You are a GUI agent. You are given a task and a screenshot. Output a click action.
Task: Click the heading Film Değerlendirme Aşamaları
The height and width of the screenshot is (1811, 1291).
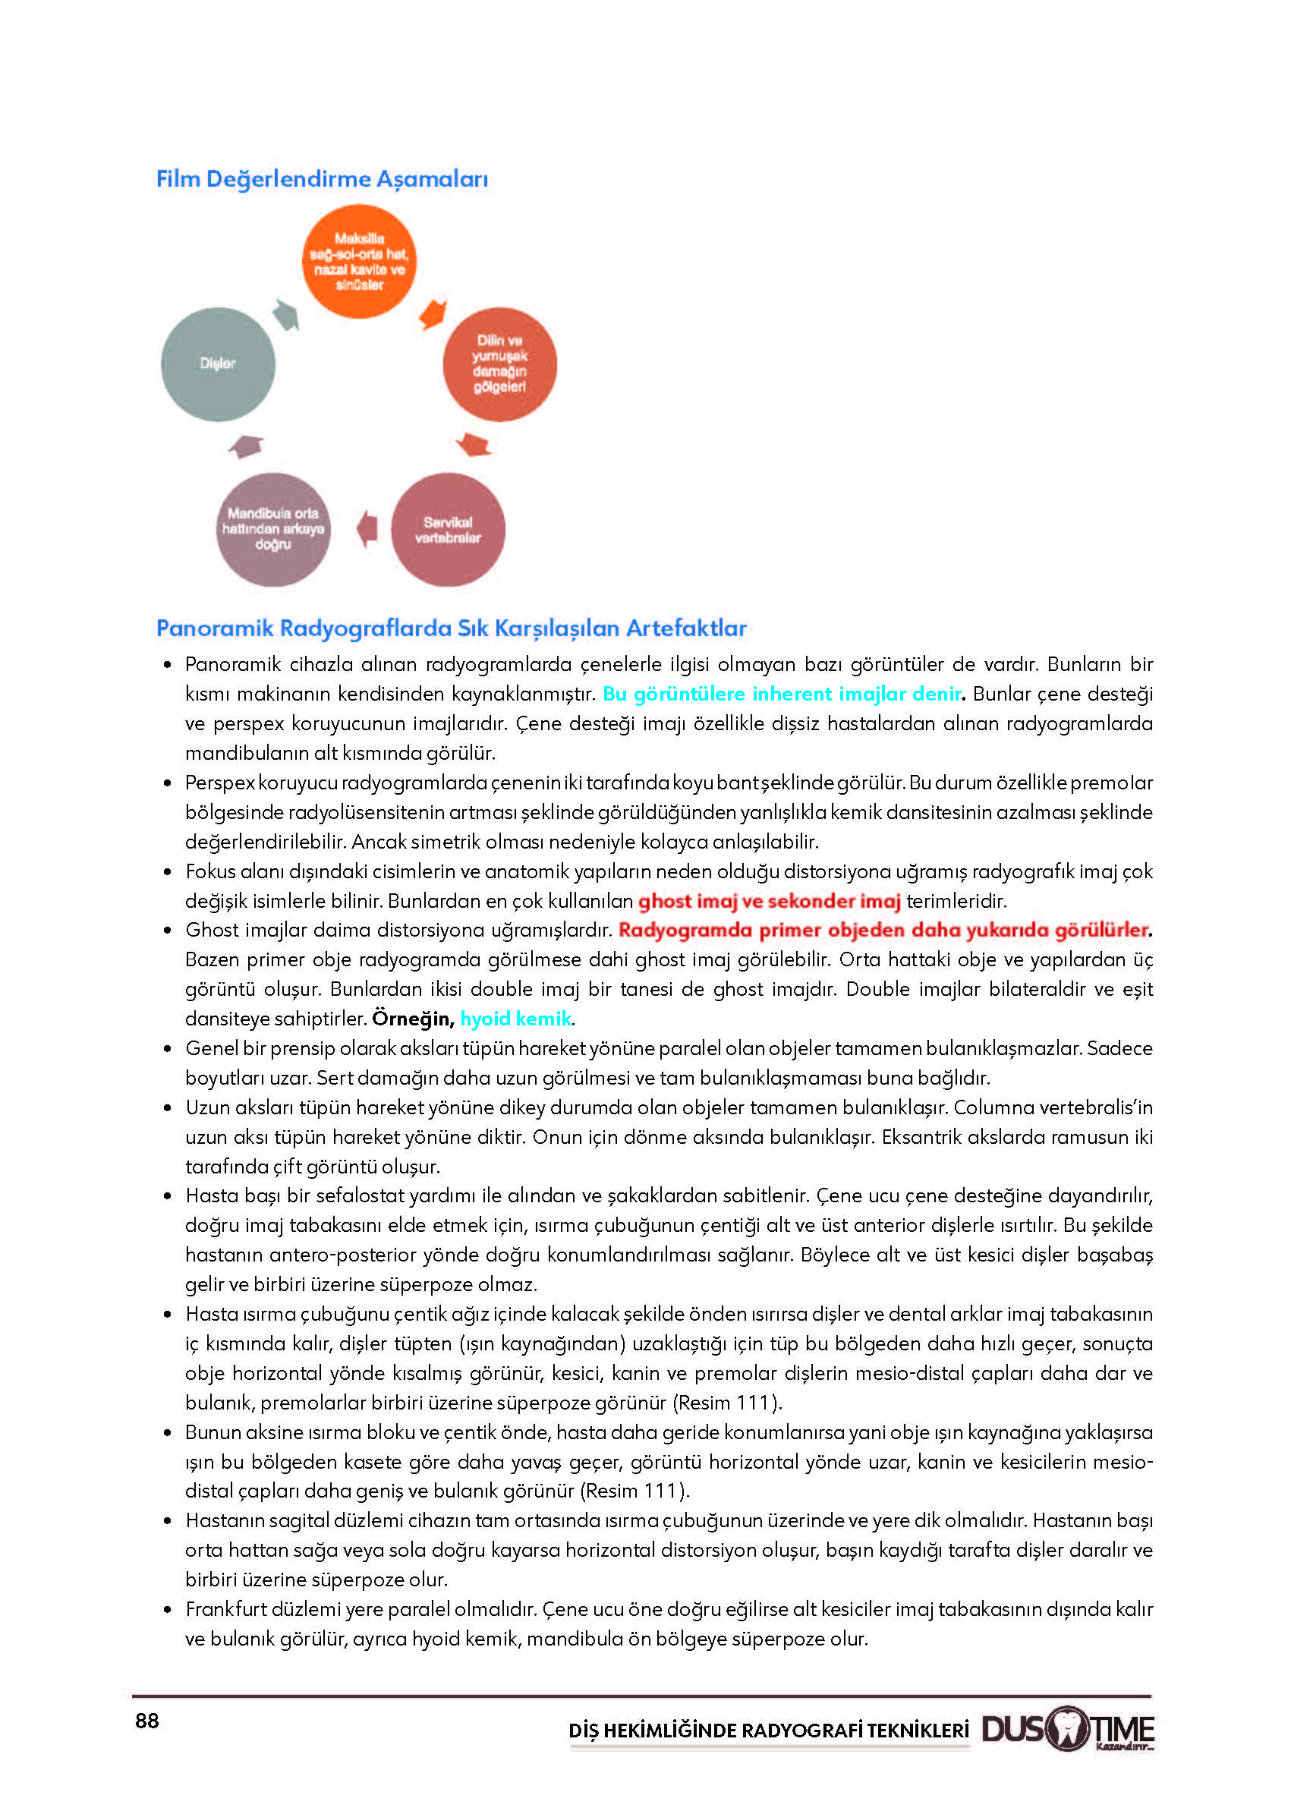click(x=321, y=179)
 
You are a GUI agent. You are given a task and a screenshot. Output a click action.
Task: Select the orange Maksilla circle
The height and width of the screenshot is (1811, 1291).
click(x=359, y=262)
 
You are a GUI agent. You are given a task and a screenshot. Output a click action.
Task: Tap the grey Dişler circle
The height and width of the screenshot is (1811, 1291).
click(x=218, y=364)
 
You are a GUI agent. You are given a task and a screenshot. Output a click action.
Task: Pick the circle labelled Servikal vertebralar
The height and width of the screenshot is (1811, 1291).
click(x=448, y=530)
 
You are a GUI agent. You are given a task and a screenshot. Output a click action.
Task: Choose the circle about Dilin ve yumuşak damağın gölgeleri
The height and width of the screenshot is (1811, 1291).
click(x=499, y=364)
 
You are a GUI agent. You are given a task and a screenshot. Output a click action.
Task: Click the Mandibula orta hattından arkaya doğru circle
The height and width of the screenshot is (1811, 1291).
click(x=272, y=530)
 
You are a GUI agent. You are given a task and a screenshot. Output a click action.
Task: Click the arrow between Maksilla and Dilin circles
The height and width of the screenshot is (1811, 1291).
click(x=433, y=314)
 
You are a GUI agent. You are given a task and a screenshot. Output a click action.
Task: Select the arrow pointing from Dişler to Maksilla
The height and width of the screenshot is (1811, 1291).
click(x=285, y=315)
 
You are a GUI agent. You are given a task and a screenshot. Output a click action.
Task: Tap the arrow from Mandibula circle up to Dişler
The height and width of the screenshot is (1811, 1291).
click(x=247, y=447)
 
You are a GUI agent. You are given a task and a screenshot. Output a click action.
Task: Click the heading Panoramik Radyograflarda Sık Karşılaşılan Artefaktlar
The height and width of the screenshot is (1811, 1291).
click(x=451, y=628)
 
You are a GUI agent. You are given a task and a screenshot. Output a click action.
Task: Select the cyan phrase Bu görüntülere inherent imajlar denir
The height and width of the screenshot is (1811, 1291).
click(x=782, y=694)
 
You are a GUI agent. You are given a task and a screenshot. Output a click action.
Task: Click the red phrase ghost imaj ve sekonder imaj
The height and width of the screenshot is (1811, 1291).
click(x=769, y=901)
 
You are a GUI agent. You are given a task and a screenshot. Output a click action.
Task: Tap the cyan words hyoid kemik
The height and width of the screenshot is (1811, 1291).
click(x=515, y=1019)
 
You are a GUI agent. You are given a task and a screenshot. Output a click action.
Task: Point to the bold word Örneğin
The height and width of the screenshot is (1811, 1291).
click(x=412, y=1019)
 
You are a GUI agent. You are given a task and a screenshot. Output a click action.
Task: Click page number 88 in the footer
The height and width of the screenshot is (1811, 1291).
click(x=147, y=1721)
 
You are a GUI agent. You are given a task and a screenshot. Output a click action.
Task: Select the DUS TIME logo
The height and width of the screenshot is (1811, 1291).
click(x=1067, y=1728)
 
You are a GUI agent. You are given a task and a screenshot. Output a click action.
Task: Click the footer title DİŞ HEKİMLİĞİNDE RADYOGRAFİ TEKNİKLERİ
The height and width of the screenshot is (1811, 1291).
click(x=768, y=1730)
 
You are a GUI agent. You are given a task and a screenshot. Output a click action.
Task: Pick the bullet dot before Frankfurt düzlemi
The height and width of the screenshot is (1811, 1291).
click(x=167, y=1610)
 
